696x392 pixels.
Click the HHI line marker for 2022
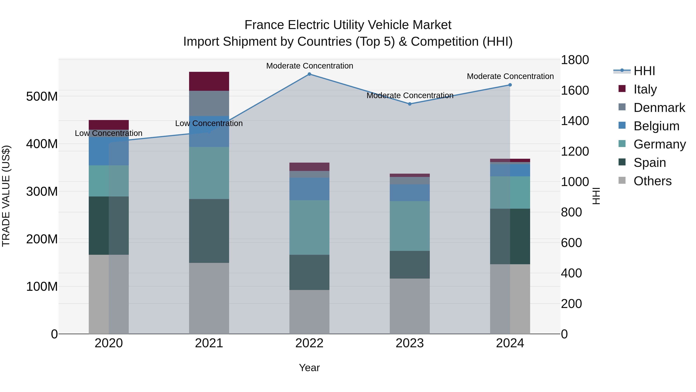309,74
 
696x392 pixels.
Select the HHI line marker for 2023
410,104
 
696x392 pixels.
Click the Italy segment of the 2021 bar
209,81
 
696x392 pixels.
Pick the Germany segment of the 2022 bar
309,227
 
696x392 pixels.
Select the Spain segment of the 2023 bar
410,265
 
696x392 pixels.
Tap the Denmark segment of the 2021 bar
209,103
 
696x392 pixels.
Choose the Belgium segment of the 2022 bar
309,189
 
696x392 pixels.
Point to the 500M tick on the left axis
42,96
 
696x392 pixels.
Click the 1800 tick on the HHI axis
575,60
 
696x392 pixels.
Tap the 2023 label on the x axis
410,343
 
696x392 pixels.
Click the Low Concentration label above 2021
209,123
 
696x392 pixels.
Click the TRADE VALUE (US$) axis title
6,196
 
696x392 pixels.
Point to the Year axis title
309,368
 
